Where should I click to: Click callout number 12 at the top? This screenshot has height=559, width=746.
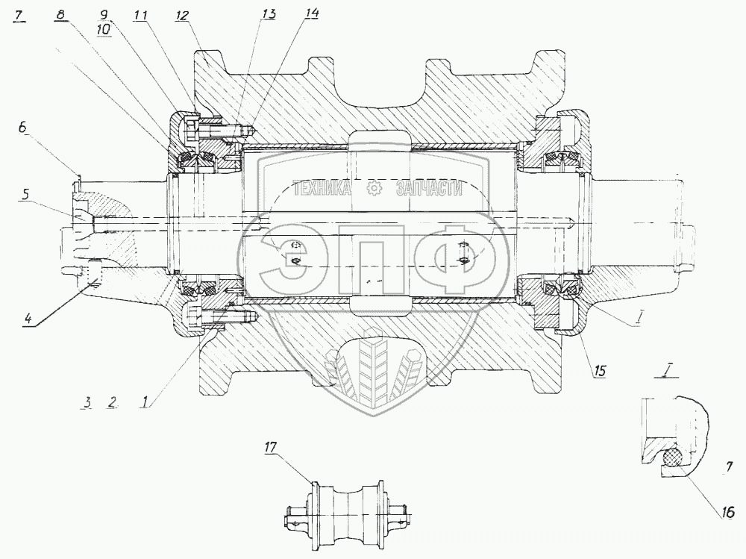[x=182, y=15]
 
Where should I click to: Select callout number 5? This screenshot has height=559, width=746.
[x=27, y=194]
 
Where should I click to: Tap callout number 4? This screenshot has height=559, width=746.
[x=28, y=318]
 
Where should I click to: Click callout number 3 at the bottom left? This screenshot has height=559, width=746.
[x=87, y=402]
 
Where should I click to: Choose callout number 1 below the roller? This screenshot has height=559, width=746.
[x=143, y=402]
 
